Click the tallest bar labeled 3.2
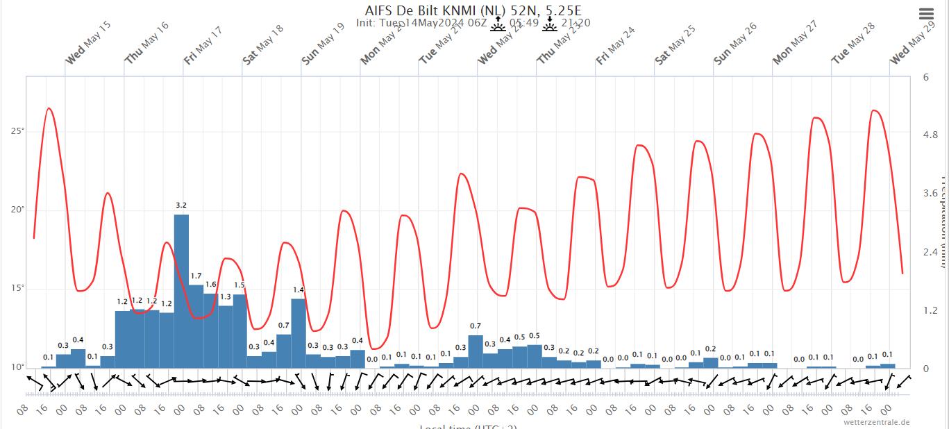coord(181,292)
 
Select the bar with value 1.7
coord(196,326)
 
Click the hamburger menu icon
coord(926,15)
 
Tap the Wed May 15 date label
coord(87,44)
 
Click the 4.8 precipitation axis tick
coord(930,135)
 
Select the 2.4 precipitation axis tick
coord(930,251)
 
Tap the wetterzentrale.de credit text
coord(876,422)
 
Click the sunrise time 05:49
coord(523,23)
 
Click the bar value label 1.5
coord(240,285)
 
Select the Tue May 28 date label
coord(853,44)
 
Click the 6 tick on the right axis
coord(925,77)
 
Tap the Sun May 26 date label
coord(734,44)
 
